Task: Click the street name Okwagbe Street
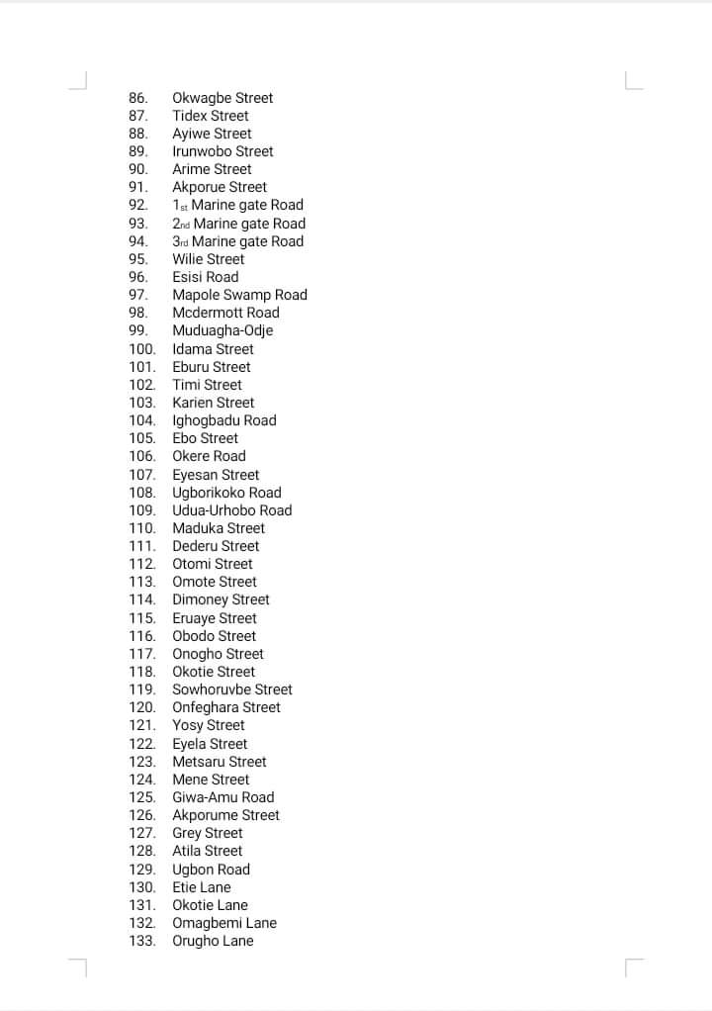[x=222, y=98]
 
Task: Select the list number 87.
[x=138, y=116]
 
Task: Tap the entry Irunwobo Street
[x=222, y=151]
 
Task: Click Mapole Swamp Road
[x=239, y=295]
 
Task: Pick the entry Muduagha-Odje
[x=222, y=330]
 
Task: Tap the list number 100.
[x=142, y=349]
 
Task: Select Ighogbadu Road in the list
[x=224, y=420]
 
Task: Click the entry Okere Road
[x=209, y=456]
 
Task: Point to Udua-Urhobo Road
[x=232, y=510]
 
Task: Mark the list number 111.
[x=142, y=546]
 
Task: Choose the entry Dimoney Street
[x=221, y=599]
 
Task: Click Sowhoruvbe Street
[x=232, y=689]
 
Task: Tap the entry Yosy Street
[x=209, y=725]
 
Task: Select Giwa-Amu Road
[x=223, y=797]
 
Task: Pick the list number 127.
[x=142, y=833]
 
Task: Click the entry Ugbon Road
[x=211, y=870]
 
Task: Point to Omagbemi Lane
[x=224, y=923]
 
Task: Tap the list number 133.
[x=142, y=941]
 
